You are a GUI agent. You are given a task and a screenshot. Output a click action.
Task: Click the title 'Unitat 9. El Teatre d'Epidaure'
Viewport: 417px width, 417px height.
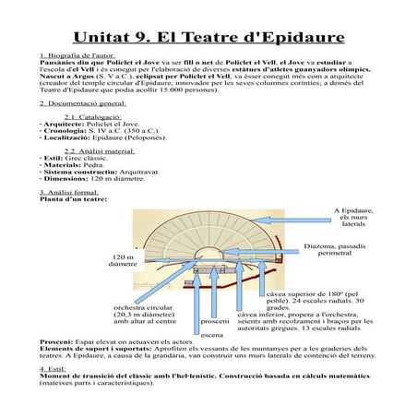pos(209,39)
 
